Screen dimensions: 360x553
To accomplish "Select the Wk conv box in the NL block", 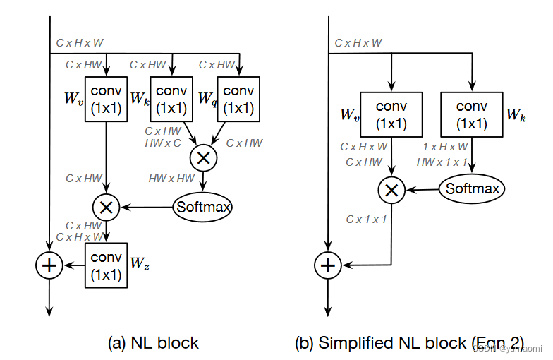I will click(171, 99).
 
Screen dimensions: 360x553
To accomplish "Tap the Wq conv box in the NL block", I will click(238, 99).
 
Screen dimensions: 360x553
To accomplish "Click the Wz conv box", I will click(107, 265).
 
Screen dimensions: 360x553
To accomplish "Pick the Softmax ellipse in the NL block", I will click(204, 207).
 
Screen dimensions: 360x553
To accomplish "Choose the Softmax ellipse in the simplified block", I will click(473, 188).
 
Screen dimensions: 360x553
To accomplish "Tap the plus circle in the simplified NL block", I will click(327, 265).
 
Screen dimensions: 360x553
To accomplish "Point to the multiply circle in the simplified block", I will click(391, 189).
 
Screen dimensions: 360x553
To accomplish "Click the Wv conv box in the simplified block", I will click(391, 114).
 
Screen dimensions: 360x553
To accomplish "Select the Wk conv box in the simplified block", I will click(472, 114).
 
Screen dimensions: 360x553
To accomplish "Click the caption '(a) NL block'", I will click(153, 344).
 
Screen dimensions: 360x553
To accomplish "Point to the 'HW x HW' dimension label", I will click(171, 179).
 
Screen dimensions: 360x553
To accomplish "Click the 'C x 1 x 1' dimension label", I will click(366, 220).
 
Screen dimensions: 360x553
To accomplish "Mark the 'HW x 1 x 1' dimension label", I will click(442, 162).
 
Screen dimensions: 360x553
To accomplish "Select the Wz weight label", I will click(138, 263).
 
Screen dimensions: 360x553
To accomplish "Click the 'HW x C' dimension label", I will click(163, 143).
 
